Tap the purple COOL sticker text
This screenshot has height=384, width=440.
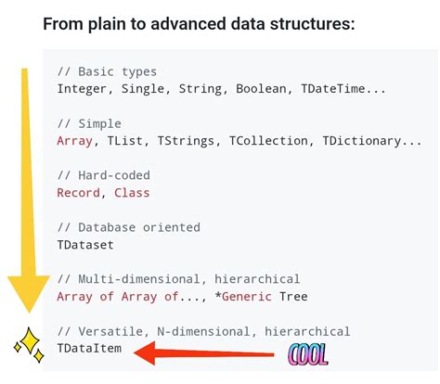coord(308,352)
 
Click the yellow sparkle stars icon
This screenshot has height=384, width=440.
coord(28,347)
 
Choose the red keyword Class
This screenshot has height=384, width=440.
coord(132,193)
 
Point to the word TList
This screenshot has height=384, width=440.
coord(125,141)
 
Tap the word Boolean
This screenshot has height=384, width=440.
coord(261,89)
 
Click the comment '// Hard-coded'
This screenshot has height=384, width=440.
coord(103,175)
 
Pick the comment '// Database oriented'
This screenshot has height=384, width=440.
coord(128,227)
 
